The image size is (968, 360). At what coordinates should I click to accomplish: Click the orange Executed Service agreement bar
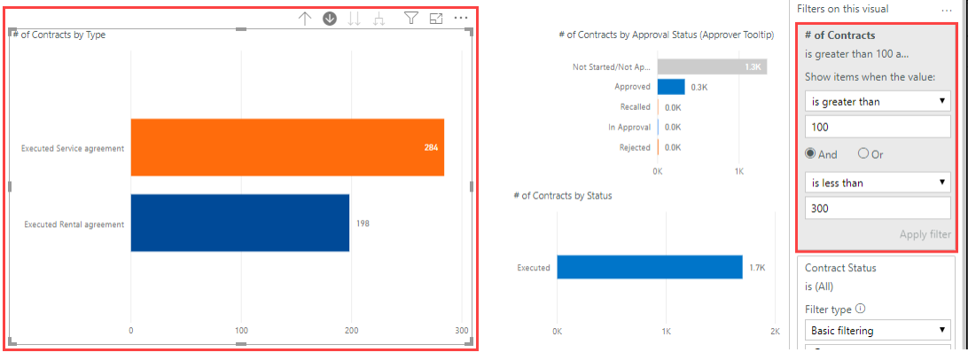pos(286,147)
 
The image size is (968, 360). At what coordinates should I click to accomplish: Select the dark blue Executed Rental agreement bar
pos(239,223)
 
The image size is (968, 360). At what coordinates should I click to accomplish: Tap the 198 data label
pos(363,223)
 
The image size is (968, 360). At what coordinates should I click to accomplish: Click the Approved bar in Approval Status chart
pos(671,87)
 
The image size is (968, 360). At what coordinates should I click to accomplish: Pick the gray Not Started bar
pos(712,67)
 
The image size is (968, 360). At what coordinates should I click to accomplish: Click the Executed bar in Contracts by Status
pos(649,267)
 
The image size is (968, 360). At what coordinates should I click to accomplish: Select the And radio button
pos(810,153)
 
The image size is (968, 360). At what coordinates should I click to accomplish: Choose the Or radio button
pos(863,153)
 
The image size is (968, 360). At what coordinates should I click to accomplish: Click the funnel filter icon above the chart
pos(411,18)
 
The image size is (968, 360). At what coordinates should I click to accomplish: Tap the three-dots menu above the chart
pos(461,18)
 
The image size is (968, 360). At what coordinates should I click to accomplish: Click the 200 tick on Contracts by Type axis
pos(352,330)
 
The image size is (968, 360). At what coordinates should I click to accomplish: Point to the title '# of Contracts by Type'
pos(59,35)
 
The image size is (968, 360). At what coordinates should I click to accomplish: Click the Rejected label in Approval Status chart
pos(635,148)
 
